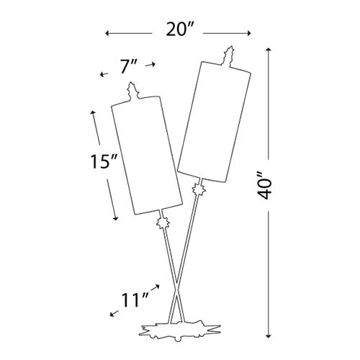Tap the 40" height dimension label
click(x=264, y=185)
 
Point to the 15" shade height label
click(x=104, y=161)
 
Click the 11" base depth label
click(x=135, y=300)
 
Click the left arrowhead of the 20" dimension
click(x=107, y=33)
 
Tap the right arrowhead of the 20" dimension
click(x=248, y=33)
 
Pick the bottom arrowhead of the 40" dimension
click(x=269, y=336)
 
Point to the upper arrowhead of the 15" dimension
click(x=93, y=113)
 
